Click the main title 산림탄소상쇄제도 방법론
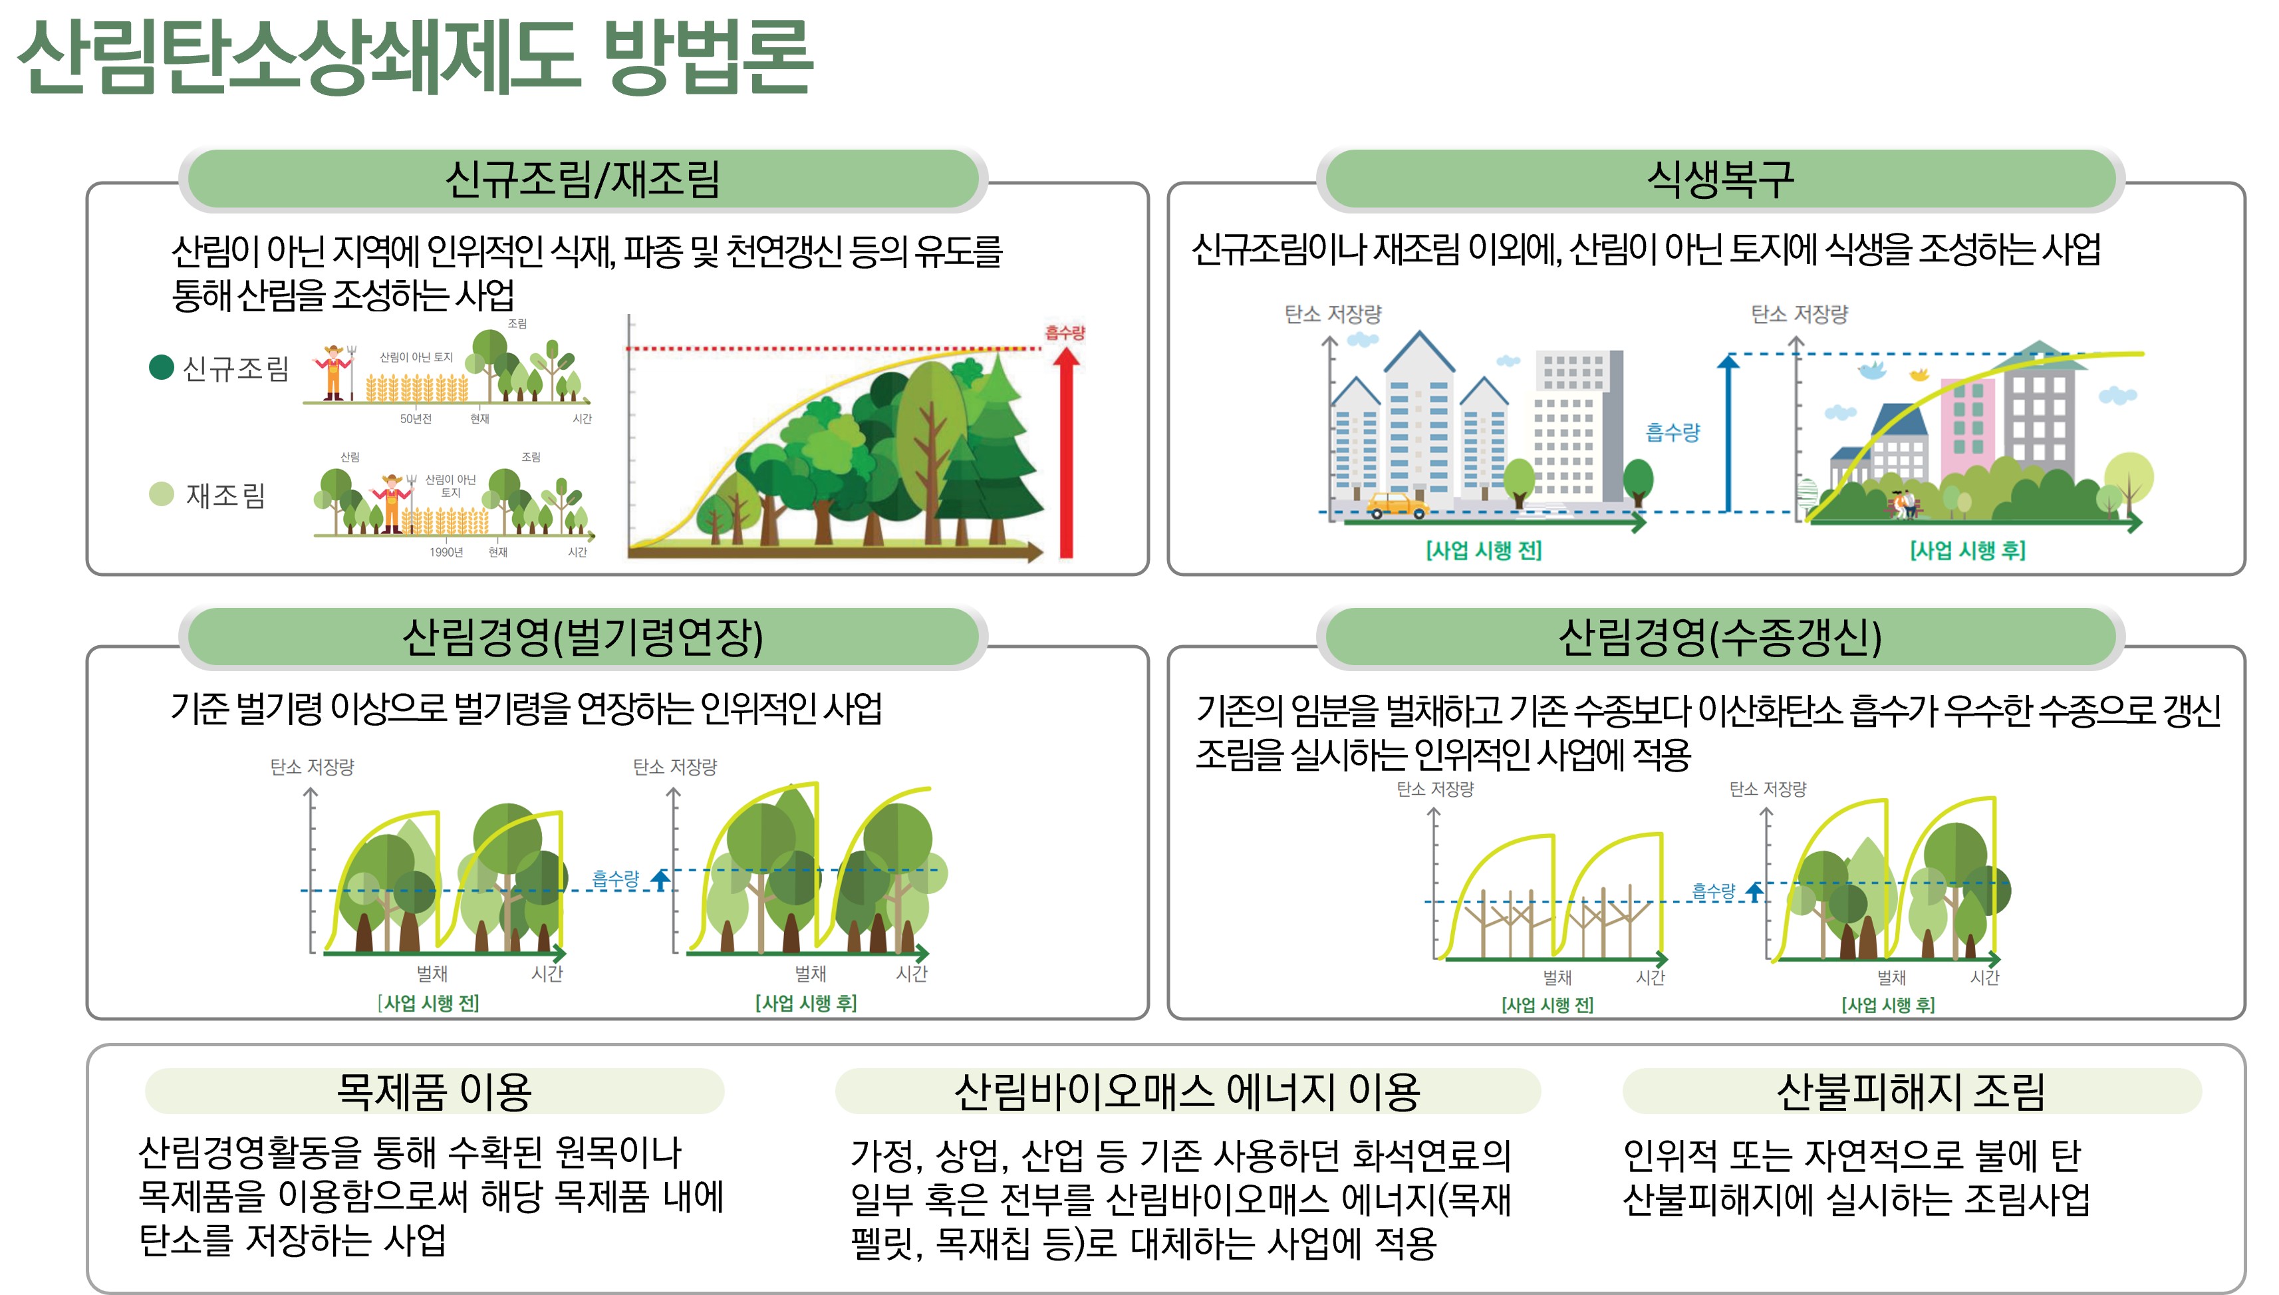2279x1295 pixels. pos(414,57)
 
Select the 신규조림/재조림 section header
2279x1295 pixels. pos(583,179)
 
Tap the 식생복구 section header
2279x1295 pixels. pos(1720,179)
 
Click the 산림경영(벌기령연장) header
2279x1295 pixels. pos(583,637)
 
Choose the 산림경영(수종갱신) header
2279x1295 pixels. pos(1720,637)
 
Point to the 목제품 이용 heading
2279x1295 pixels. pos(434,1091)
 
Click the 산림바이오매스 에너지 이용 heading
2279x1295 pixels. pos(1187,1091)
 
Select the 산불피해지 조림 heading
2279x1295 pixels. pos(1911,1091)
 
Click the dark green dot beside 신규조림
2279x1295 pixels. pos(161,367)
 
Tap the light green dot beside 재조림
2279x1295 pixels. pos(161,494)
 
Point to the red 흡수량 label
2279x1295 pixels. pos(1065,333)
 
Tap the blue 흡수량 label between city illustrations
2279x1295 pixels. pos(1672,432)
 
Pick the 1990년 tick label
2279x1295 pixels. pos(446,552)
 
